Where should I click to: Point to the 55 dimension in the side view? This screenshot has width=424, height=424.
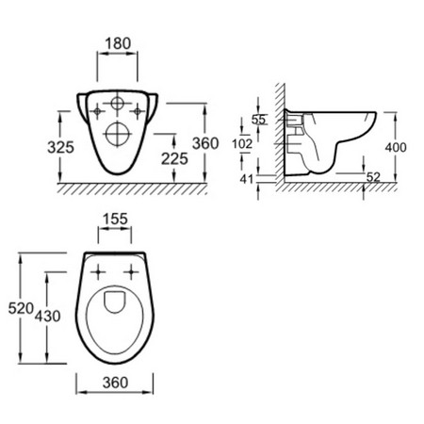coord(258,121)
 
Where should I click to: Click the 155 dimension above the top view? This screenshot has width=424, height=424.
coord(116,219)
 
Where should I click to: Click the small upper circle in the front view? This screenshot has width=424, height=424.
coord(118,105)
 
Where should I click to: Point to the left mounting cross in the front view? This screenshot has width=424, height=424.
coord(97,110)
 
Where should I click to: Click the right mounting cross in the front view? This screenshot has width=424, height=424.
coord(139,110)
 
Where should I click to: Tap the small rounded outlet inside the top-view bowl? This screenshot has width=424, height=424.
coord(114,302)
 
